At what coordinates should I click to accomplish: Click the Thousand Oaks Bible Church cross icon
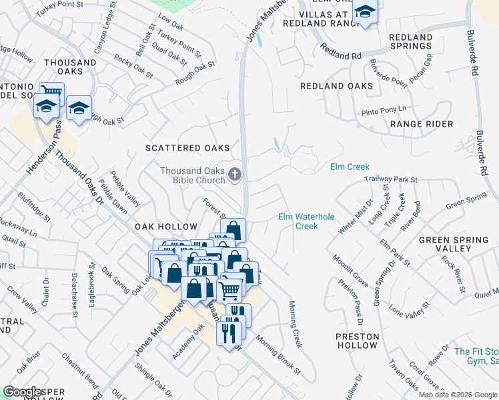234,175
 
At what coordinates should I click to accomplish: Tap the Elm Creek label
350,167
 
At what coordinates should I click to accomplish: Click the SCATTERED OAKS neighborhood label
188,148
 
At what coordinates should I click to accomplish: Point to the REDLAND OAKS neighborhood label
336,86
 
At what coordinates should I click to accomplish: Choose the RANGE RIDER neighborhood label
422,124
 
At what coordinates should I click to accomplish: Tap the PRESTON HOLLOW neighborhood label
357,341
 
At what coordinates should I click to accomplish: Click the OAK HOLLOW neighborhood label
166,227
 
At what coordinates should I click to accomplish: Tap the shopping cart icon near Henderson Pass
51,93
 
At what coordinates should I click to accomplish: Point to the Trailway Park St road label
390,179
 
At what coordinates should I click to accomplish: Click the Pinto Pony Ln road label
384,110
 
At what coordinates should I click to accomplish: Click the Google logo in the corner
23,392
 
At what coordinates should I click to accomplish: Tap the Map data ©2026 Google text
457,395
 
